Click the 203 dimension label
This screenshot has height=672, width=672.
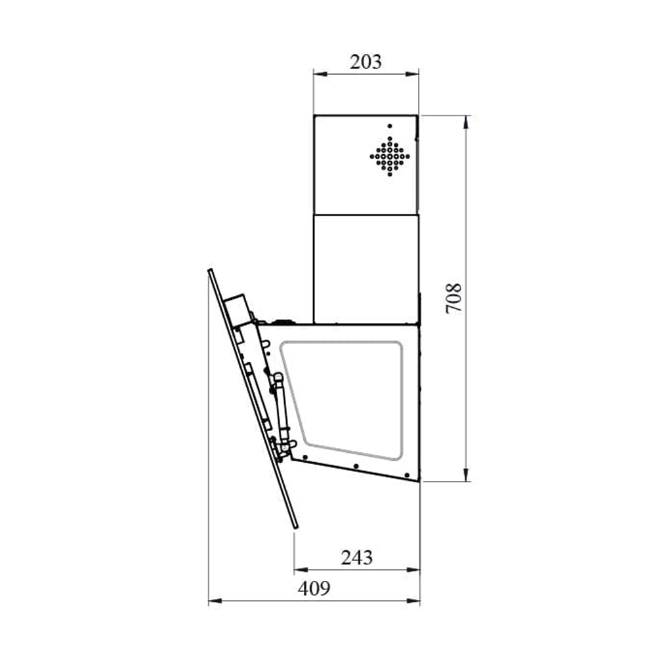(x=366, y=62)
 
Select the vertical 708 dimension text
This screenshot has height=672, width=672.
(x=454, y=299)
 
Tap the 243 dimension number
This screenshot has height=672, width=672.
(x=357, y=558)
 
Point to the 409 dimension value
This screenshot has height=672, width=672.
(x=314, y=589)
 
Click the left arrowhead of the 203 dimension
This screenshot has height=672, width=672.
(x=320, y=74)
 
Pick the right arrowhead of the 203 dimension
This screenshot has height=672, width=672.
(x=412, y=74)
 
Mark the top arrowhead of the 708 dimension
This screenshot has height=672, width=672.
(x=467, y=122)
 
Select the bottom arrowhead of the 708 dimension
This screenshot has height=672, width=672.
(x=467, y=474)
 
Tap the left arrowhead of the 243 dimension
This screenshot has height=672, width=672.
(x=301, y=570)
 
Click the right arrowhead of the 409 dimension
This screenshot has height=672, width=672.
(x=413, y=601)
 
